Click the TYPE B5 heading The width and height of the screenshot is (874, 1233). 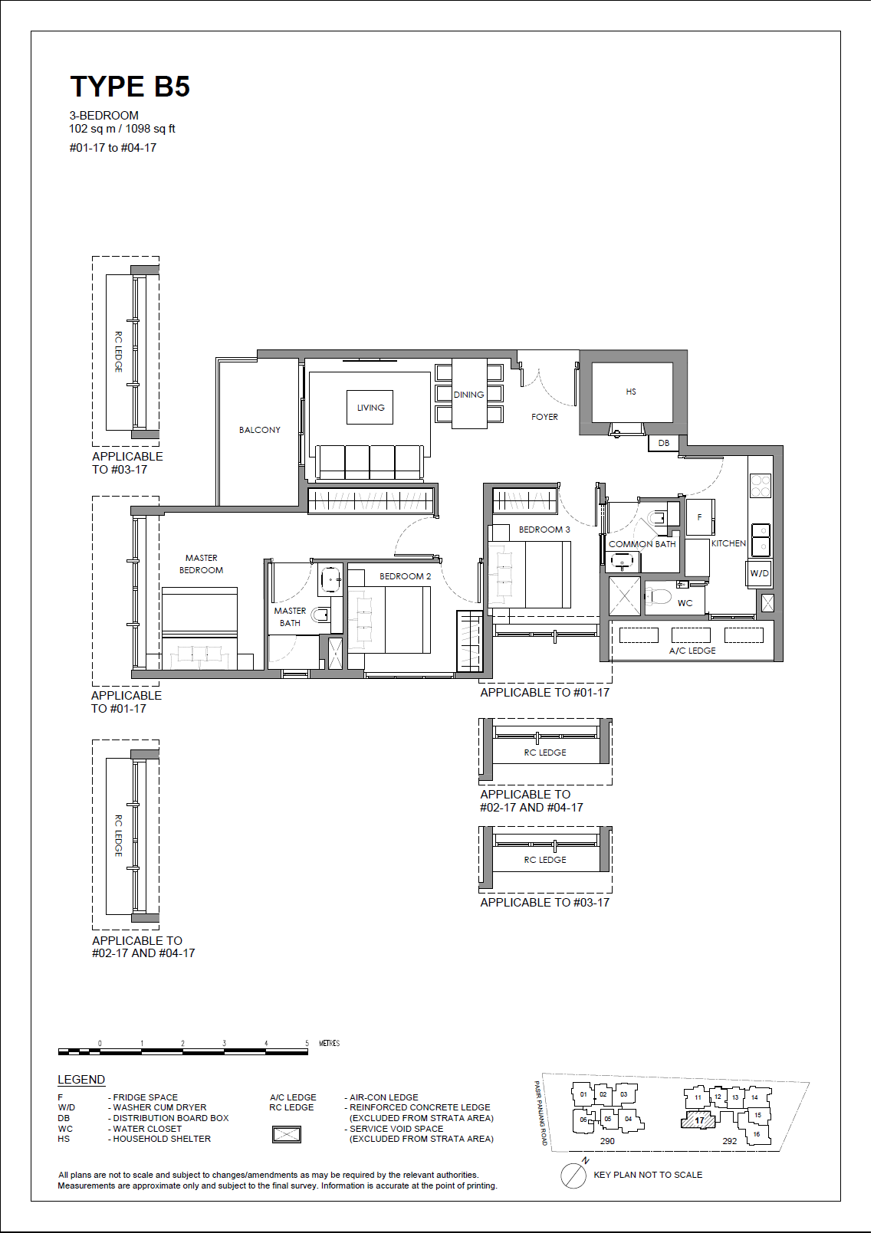(130, 87)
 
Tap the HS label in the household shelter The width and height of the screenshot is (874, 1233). (631, 392)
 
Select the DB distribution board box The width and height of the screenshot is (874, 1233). (664, 443)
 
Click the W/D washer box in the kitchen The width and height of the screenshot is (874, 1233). (760, 573)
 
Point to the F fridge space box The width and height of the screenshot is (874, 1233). (699, 516)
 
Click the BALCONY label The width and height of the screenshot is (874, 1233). (259, 430)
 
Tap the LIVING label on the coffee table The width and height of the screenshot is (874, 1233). (370, 408)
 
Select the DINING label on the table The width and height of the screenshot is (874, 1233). (468, 395)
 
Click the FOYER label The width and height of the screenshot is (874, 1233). (544, 417)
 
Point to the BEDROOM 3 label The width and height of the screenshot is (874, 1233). (544, 530)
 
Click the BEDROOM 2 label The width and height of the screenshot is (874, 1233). (406, 576)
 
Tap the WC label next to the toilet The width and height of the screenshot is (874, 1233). (685, 603)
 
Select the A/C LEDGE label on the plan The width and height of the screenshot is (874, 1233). (692, 651)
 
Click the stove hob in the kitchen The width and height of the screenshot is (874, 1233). (761, 485)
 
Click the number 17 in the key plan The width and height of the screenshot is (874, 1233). (699, 1120)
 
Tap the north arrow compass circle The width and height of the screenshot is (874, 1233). (573, 1176)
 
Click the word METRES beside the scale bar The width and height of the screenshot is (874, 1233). (330, 1043)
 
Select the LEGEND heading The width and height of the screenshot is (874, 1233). (81, 1080)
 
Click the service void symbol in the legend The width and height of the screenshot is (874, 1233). (287, 1134)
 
